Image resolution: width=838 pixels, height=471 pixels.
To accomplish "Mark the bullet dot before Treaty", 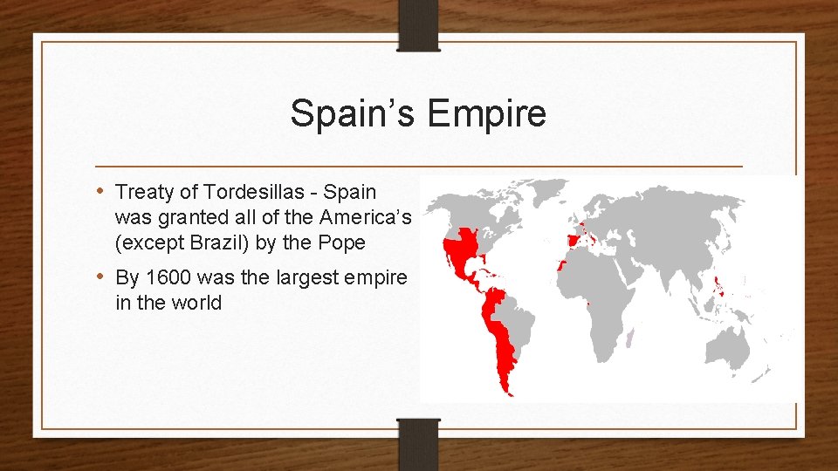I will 102,191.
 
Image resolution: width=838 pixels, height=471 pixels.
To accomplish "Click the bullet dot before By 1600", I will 102,277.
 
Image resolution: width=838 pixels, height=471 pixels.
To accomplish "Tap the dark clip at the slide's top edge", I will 418,22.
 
